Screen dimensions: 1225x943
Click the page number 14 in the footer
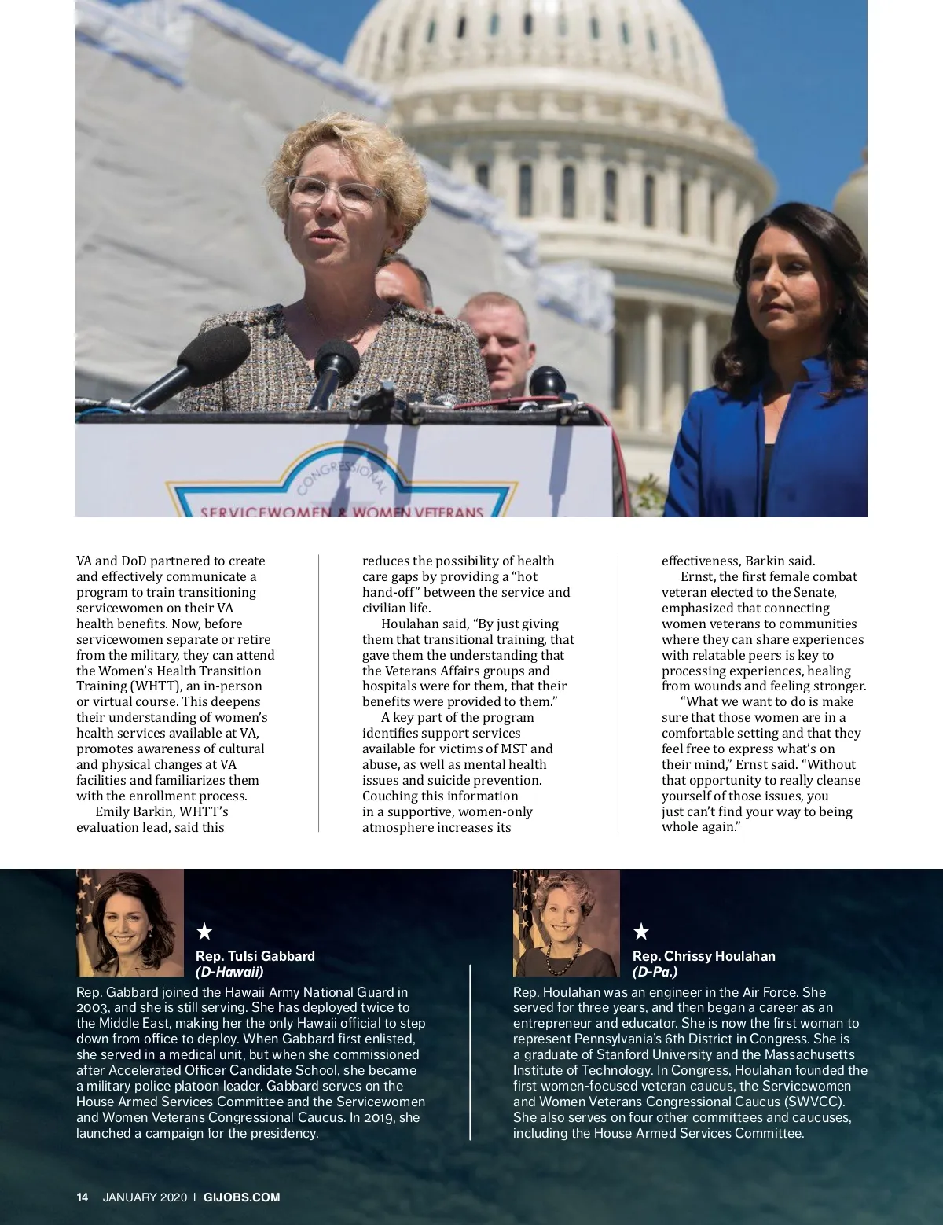point(82,1197)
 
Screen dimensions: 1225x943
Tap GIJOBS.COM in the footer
point(242,1197)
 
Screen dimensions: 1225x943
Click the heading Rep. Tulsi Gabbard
point(255,956)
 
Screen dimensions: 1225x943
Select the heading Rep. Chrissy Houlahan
point(703,956)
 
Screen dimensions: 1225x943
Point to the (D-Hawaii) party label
point(229,972)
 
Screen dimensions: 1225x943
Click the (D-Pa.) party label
point(655,972)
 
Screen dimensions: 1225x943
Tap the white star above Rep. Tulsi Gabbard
point(204,932)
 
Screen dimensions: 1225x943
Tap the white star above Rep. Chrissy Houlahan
point(641,932)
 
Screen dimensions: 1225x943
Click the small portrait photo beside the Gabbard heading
point(130,922)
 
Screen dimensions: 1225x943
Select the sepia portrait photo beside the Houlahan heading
point(567,922)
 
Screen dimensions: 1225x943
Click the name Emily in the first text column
point(112,811)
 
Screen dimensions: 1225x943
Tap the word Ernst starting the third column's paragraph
point(697,576)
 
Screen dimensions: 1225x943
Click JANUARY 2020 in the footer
point(145,1197)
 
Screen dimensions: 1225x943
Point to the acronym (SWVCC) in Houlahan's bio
point(815,1102)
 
